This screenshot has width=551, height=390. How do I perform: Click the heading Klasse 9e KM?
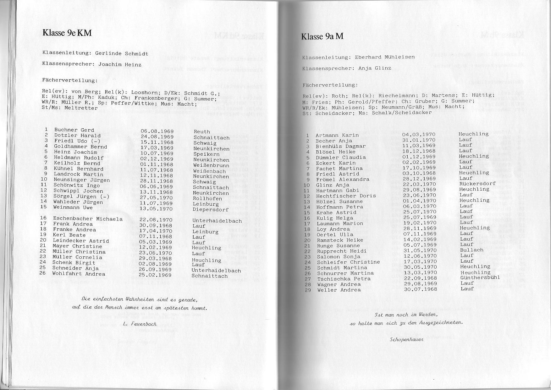click(67, 33)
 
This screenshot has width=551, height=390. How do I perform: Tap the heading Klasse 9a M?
click(322, 36)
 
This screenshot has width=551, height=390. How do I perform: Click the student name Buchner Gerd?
click(74, 130)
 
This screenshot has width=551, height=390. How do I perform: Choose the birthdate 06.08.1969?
click(157, 131)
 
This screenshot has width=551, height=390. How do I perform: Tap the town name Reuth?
click(202, 132)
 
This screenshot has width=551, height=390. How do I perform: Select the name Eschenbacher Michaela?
click(88, 219)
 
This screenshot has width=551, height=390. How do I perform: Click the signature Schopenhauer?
click(407, 339)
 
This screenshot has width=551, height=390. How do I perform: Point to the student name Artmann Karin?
click(337, 135)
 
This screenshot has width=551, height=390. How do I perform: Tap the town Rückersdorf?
click(477, 184)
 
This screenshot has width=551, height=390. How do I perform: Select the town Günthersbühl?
click(480, 278)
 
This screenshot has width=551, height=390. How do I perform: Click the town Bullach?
click(471, 250)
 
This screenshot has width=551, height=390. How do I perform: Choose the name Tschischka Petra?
click(344, 279)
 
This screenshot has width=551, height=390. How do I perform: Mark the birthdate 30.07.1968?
click(420, 289)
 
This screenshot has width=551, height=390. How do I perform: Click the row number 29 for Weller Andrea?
click(308, 290)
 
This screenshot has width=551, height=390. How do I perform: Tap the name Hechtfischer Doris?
click(346, 196)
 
